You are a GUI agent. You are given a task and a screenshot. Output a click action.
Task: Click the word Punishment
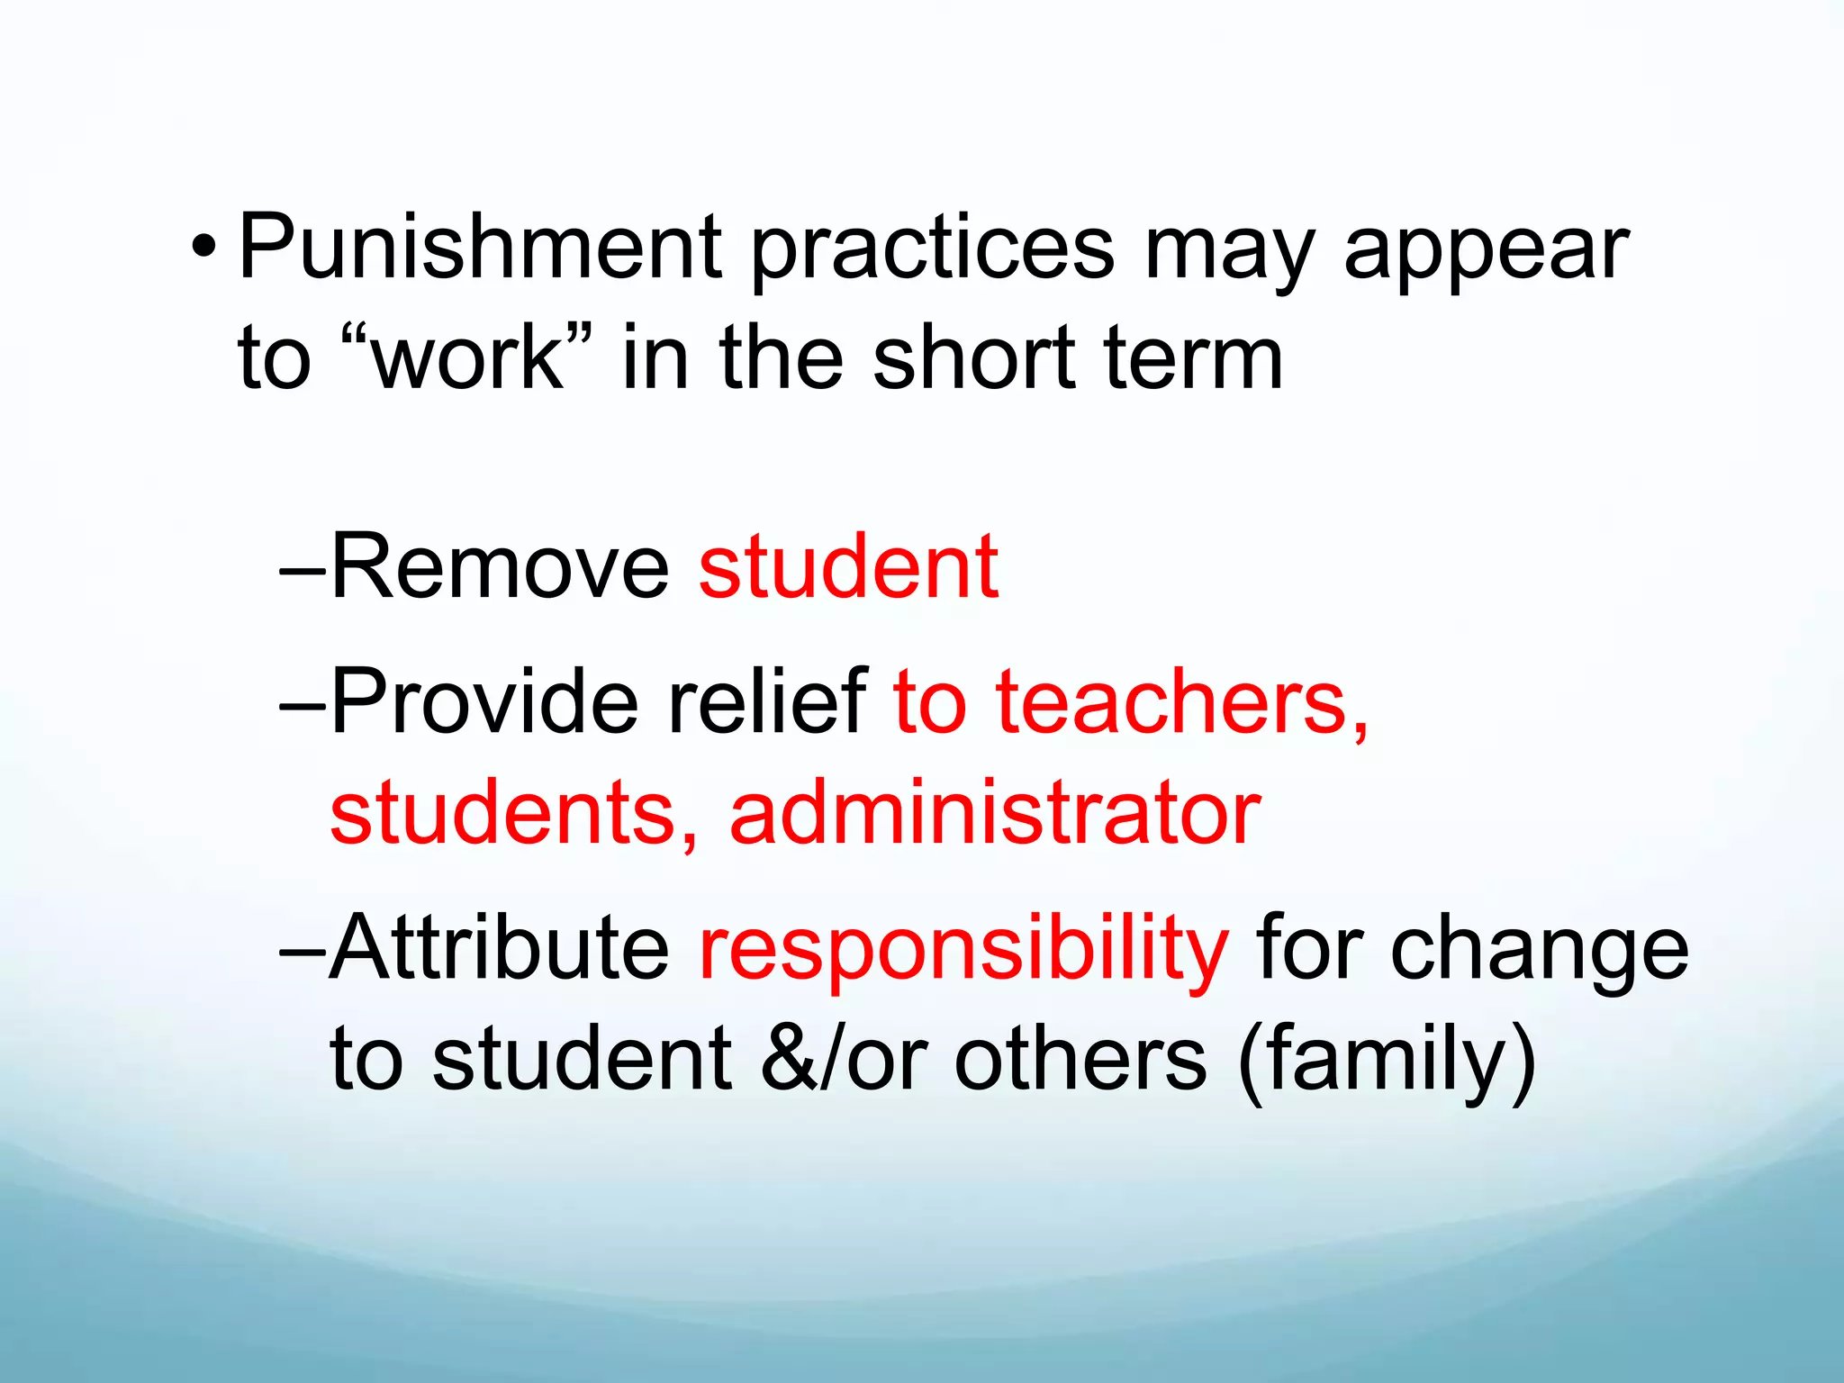click(x=479, y=248)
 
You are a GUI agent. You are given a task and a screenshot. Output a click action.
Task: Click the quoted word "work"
click(x=468, y=357)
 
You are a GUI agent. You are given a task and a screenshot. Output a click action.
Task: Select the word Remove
click(x=501, y=566)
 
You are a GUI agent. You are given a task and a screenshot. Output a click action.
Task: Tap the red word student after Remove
click(x=848, y=566)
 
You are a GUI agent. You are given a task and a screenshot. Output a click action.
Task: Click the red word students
click(x=513, y=813)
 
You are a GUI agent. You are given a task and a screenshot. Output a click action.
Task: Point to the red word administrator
click(x=995, y=813)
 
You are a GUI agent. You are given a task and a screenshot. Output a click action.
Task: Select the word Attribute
click(x=501, y=947)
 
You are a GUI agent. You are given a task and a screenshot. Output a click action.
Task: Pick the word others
click(x=1080, y=1059)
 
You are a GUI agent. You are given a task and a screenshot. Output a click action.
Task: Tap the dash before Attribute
click(x=303, y=950)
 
